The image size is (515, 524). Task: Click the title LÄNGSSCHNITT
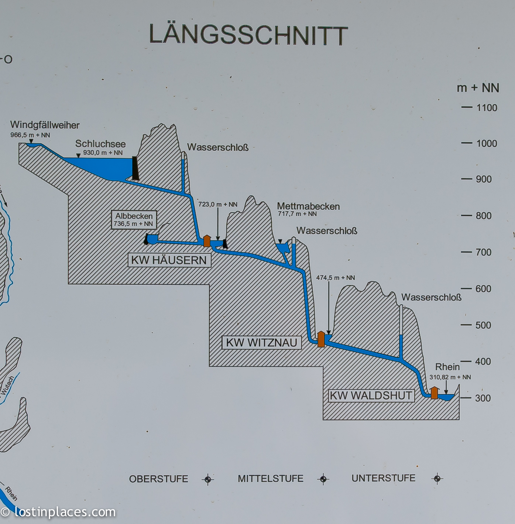(x=248, y=35)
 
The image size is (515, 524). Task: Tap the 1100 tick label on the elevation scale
(x=487, y=108)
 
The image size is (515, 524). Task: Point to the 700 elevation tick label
(x=484, y=252)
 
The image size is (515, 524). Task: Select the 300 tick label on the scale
(x=483, y=398)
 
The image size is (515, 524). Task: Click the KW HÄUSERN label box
(x=169, y=260)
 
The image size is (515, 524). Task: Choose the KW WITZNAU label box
(x=261, y=343)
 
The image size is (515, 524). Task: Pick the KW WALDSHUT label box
(x=371, y=395)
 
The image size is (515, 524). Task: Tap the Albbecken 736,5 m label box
(x=134, y=220)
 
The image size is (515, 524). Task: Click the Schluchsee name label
(x=100, y=144)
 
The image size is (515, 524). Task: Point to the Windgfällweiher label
(x=45, y=125)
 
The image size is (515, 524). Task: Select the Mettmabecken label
(x=308, y=206)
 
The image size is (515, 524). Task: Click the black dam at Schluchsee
(x=135, y=168)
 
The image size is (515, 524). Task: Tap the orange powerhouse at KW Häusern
(x=207, y=241)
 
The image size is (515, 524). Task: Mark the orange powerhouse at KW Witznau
(x=321, y=339)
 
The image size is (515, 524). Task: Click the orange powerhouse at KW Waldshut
(x=435, y=393)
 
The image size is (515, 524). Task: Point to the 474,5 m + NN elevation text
(x=335, y=278)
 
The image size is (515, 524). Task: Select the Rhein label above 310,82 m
(x=447, y=367)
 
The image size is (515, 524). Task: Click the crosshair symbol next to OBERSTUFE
(x=208, y=479)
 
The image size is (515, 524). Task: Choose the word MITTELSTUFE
(x=271, y=479)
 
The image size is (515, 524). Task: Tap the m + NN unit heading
(x=478, y=88)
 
